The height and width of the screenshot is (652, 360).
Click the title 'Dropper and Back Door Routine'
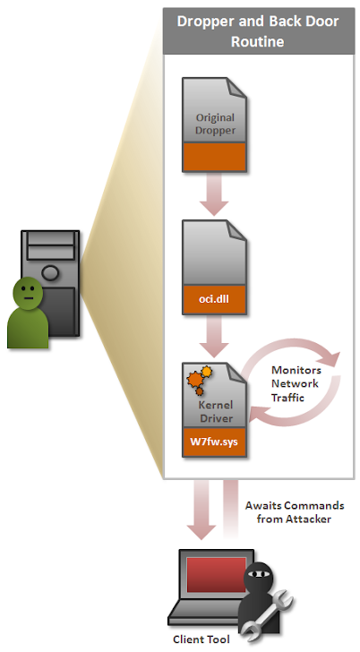coord(258,31)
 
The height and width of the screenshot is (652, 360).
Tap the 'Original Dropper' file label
coord(215,124)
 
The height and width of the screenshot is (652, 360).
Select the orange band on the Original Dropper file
coord(215,157)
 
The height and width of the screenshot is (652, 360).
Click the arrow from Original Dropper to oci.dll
coord(214,193)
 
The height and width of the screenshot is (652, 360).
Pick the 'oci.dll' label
coord(214,298)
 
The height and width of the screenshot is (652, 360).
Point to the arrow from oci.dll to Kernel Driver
coord(214,337)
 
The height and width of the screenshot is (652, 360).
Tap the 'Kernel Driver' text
coord(216,412)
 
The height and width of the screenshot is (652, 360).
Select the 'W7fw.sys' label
coord(214,442)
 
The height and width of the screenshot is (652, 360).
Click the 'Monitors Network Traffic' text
coord(296,384)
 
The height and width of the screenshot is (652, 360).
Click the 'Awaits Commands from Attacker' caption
coord(295,512)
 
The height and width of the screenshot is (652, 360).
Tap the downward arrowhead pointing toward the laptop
coord(201,531)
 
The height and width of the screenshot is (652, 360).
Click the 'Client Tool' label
coord(201,639)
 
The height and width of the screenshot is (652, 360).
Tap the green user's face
coord(28,294)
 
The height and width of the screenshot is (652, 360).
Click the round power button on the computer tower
coord(50,273)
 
